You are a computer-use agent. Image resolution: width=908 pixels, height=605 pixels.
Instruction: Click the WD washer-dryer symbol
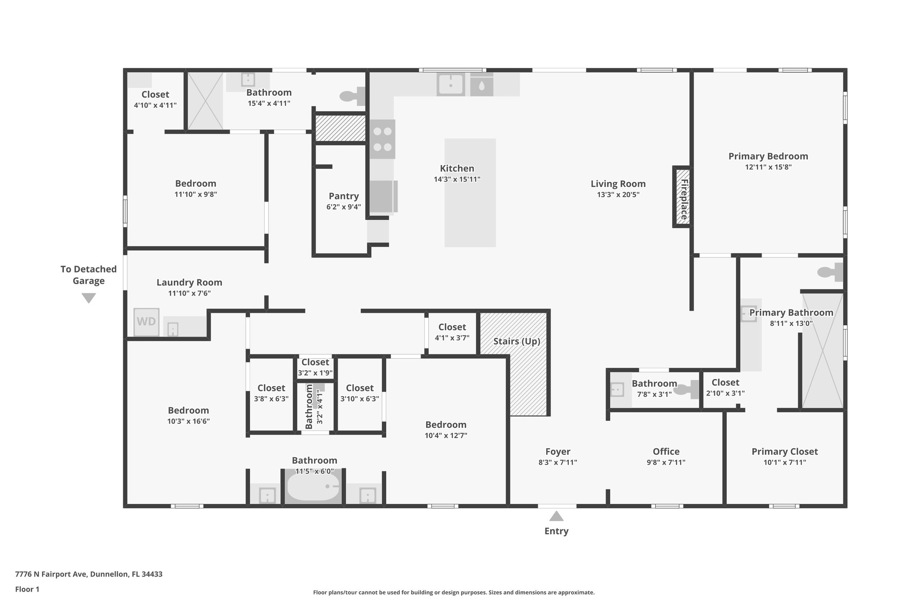tap(146, 321)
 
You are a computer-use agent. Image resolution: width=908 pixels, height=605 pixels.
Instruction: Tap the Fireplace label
tap(684, 199)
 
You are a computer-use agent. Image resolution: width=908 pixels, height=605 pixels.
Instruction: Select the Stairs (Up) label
tap(517, 341)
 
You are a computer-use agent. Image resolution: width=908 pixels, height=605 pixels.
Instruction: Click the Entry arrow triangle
tap(556, 516)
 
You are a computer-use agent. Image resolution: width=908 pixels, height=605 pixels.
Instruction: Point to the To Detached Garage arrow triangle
tap(89, 298)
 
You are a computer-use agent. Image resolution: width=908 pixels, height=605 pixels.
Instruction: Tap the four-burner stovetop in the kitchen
tap(383, 139)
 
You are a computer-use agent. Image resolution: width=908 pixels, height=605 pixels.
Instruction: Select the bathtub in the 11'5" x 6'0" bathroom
tap(313, 487)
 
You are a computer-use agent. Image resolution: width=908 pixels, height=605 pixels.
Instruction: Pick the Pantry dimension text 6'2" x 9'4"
tap(344, 207)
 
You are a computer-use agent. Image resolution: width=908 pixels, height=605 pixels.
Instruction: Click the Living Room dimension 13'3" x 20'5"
tap(618, 195)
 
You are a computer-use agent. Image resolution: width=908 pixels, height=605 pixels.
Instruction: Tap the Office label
tap(666, 451)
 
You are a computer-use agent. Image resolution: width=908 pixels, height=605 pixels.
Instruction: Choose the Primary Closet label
tap(784, 451)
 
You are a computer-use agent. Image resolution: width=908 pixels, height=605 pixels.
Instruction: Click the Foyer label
tap(557, 451)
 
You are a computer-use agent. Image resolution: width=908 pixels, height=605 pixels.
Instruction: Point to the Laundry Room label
tap(189, 282)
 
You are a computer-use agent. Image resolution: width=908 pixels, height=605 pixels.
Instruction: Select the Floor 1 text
tap(27, 589)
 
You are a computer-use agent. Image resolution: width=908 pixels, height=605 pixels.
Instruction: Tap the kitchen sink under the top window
tap(450, 84)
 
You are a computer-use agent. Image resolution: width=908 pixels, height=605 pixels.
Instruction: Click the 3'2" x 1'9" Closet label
tap(315, 363)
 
